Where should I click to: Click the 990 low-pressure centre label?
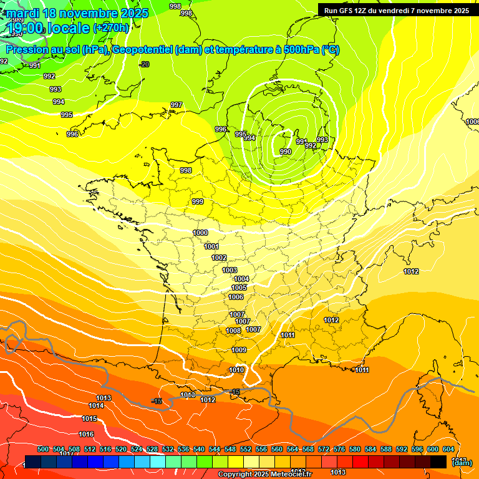pos(286,152)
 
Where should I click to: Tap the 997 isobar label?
pos(177,105)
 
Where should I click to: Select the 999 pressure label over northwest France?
pos(198,201)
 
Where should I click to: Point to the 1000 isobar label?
pos(200,233)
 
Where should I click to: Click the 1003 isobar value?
pos(230,270)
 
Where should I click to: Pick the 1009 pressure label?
pos(239,350)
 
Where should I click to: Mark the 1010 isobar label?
pos(236,370)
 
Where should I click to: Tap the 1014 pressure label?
pos(96,405)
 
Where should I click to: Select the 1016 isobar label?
pos(86,434)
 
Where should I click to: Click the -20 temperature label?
pos(145,64)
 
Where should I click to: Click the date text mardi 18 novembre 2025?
pos(78,13)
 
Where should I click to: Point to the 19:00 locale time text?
pos(49,27)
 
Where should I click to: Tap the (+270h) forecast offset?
pos(111,27)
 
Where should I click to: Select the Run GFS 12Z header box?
pos(396,10)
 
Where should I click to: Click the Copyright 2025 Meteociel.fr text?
pos(258,475)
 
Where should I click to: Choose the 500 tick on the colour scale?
pos(43,449)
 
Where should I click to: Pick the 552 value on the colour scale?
pos(246,449)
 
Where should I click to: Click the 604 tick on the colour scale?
pos(448,449)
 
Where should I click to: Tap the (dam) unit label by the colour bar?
pos(462,462)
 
